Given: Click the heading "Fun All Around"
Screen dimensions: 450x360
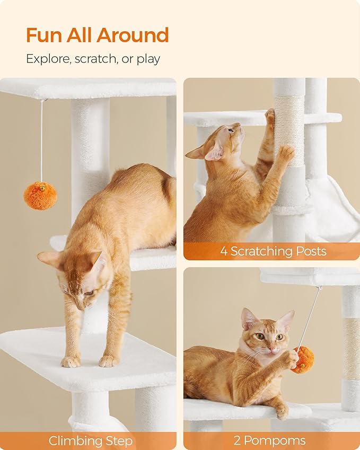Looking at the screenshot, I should tap(97, 35).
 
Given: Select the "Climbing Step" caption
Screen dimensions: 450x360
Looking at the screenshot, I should tap(90, 440).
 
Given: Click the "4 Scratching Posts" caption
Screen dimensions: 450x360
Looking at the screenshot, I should tap(273, 251).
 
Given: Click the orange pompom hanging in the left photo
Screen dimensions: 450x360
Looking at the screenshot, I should tap(40, 195).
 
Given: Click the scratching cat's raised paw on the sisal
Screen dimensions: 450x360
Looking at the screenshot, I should tap(286, 153).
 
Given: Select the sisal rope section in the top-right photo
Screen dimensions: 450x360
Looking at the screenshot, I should tap(289, 130).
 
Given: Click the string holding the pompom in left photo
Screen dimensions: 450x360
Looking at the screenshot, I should tap(41, 140).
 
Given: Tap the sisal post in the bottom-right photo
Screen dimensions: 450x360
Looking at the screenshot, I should tap(350, 348).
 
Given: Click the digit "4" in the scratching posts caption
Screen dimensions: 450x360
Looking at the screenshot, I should tap(224, 251).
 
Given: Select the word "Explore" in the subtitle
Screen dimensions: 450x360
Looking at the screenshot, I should tap(45, 59).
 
